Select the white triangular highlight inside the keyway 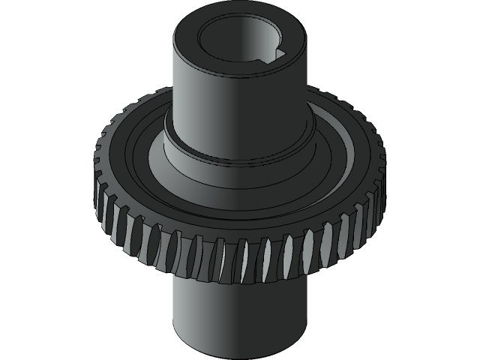tap(281, 54)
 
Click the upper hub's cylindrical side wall tap(225, 105)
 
